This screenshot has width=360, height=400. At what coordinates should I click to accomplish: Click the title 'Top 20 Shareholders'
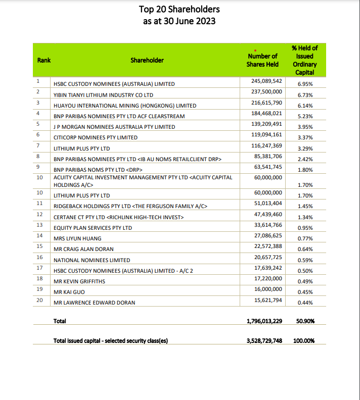pyautogui.click(x=179, y=9)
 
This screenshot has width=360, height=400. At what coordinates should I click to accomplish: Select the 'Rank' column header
pyautogui.click(x=44, y=60)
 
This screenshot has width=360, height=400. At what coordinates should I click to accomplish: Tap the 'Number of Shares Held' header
pyautogui.click(x=262, y=60)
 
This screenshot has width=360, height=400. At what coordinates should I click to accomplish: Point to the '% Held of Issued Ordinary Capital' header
pyautogui.click(x=304, y=60)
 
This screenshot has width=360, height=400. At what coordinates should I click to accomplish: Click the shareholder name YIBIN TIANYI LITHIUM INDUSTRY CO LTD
pyautogui.click(x=104, y=94)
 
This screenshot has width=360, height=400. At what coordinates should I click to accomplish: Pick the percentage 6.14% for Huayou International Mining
pyautogui.click(x=306, y=106)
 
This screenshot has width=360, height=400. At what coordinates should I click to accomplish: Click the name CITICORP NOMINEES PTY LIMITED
pyautogui.click(x=95, y=137)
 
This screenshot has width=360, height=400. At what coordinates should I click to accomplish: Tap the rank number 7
pyautogui.click(x=38, y=145)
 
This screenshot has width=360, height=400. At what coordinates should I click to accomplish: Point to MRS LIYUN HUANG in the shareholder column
pyautogui.click(x=77, y=238)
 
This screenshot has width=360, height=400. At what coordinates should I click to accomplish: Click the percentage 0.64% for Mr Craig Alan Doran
pyautogui.click(x=306, y=249)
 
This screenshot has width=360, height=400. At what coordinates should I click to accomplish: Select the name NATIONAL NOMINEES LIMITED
pyautogui.click(x=92, y=260)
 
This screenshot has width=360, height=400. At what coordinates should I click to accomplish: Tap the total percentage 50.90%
pyautogui.click(x=305, y=321)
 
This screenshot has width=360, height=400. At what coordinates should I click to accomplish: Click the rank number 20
pyautogui.click(x=39, y=299)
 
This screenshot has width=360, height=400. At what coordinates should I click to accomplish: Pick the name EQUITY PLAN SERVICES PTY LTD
pyautogui.click(x=93, y=228)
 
